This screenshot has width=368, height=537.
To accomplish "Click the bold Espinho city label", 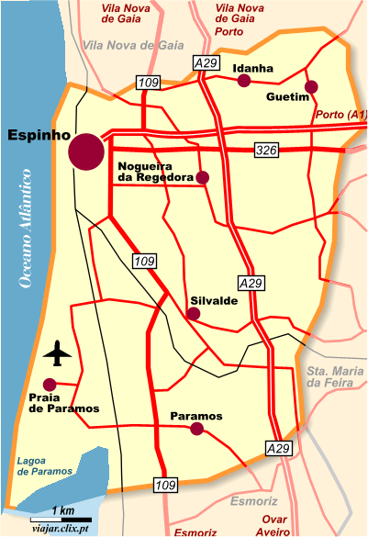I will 39,135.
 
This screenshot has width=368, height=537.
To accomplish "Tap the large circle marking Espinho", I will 86,151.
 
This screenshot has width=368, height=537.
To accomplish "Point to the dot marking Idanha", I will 244,82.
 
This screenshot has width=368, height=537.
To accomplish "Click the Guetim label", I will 286,96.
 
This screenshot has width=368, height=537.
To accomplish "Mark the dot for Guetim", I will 310,86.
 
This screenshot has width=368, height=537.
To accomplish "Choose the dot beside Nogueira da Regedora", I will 203,177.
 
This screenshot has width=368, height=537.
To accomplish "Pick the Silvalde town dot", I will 193,314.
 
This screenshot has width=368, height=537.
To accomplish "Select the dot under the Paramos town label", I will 195,429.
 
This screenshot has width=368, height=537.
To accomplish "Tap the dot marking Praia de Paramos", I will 50,385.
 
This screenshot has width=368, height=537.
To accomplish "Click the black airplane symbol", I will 58,351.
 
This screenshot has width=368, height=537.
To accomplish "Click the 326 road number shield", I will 266,149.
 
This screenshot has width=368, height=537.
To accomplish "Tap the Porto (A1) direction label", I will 340,115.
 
